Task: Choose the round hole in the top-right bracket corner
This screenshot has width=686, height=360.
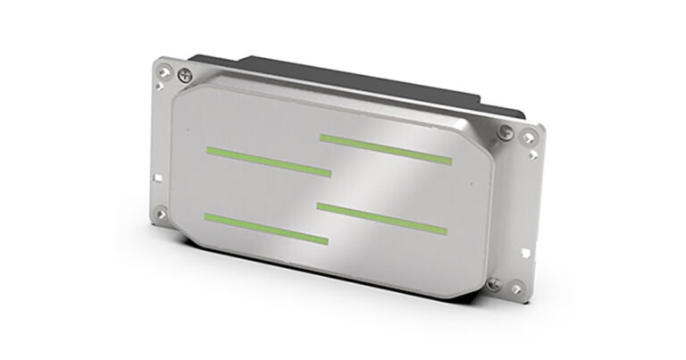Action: (x=531, y=137)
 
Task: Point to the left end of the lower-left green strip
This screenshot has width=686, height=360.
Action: (x=208, y=217)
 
